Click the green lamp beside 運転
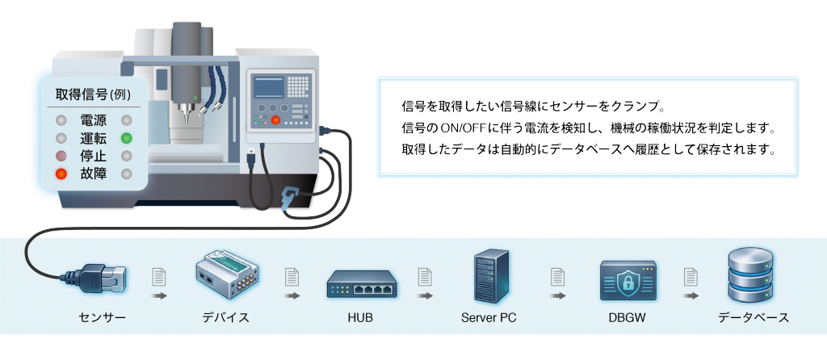[126, 139]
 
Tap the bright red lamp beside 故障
[61, 174]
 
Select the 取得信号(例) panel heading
[93, 94]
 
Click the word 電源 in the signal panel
[94, 121]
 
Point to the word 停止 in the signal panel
[94, 156]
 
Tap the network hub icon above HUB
[361, 284]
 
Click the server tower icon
[491, 276]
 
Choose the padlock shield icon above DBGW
[628, 280]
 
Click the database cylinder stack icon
[750, 274]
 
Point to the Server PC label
[489, 318]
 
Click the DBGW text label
[627, 318]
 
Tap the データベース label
[754, 318]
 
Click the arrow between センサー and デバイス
[158, 295]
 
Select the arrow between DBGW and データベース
[691, 295]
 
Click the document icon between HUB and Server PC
[425, 277]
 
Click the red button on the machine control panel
[275, 120]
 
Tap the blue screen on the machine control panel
[269, 87]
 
